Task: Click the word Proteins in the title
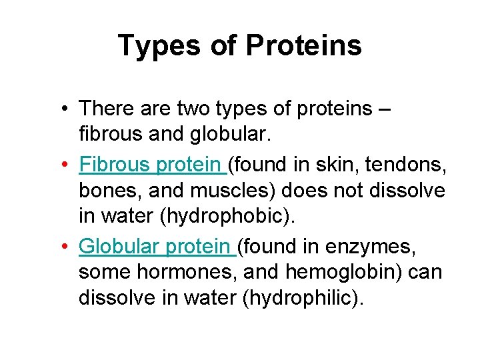click(x=304, y=46)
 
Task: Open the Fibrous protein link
click(x=151, y=164)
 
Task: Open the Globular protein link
click(x=155, y=247)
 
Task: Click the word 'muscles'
click(x=228, y=191)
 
